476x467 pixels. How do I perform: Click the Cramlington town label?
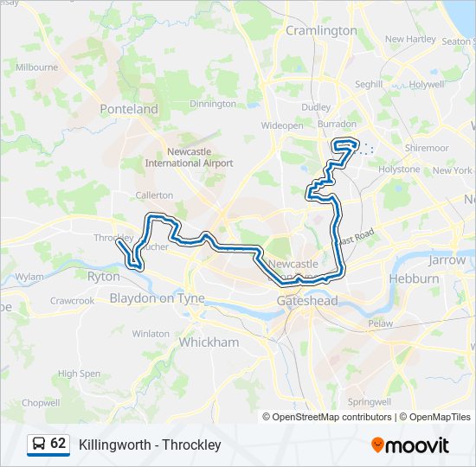321,30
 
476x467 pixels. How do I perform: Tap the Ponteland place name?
129,109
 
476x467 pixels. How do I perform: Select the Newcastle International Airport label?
189,157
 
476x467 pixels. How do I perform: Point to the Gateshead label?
306,300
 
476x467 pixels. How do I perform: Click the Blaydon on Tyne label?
157,298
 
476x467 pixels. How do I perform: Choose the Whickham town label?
208,342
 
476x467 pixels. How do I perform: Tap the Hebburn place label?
414,279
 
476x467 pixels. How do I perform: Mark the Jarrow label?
447,259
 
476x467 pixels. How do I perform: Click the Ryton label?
104,277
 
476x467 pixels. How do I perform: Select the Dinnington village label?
212,104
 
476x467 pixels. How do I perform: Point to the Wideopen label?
282,125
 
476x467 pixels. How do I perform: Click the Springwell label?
369,402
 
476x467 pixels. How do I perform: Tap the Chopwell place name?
41,403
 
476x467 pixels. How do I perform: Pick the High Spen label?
79,374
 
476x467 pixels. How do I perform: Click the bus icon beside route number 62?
39,445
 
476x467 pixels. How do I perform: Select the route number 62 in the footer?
58,444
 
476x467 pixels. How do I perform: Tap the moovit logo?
410,445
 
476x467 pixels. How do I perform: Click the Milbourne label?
36,67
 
